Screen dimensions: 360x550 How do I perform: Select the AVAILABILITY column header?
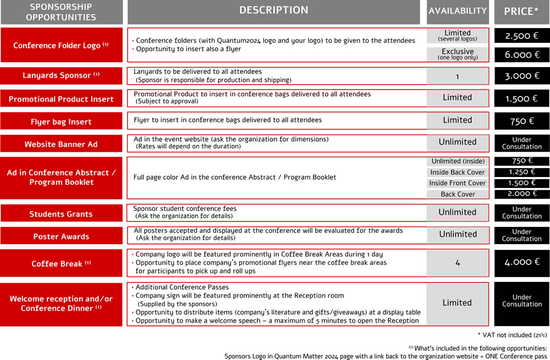[458, 12]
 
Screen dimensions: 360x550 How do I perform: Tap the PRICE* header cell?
[521, 12]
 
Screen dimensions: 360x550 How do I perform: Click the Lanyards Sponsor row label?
[61, 76]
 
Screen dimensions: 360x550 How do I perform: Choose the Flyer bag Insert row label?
[61, 121]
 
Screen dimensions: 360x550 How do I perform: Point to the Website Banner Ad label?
[61, 144]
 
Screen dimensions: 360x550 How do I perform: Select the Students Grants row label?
[61, 214]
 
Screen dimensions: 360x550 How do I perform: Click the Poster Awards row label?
[61, 236]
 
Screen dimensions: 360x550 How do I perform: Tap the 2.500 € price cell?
[521, 36]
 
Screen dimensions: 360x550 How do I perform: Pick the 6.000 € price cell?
[521, 55]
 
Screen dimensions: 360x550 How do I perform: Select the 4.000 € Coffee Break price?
[521, 263]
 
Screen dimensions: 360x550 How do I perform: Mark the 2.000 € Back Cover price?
[521, 194]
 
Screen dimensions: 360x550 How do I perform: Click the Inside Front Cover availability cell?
[458, 183]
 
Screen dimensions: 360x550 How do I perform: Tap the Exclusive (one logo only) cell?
[458, 54]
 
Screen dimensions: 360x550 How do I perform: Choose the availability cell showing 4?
[458, 263]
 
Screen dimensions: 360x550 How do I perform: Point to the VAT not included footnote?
[512, 335]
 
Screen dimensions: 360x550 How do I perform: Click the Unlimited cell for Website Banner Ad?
[458, 142]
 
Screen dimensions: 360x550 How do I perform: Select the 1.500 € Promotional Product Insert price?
[521, 99]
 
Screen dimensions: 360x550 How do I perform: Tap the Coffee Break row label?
[61, 264]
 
